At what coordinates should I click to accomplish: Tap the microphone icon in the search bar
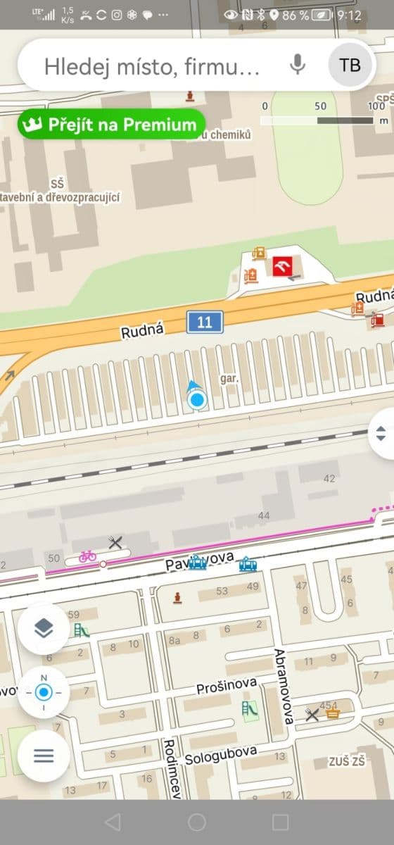coord(298,65)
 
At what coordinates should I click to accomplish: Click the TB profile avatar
coord(350,65)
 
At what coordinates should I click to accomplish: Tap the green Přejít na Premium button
coord(111,125)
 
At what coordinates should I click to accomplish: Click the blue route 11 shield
coord(205,323)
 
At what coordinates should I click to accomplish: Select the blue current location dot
coord(197,401)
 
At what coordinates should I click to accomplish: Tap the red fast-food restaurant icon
coord(282,267)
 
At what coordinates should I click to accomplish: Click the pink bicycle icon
coord(87,556)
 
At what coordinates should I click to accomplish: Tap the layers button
coord(44,629)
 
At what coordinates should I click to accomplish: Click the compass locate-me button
coord(44,692)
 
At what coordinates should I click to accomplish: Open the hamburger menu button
coord(44,756)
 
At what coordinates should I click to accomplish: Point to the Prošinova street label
coord(227,685)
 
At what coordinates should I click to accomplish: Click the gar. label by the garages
coord(230,378)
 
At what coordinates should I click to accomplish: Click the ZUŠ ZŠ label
coord(348,761)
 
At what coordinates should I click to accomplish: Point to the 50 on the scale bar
coord(320,106)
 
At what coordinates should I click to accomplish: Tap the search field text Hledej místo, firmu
coord(152,66)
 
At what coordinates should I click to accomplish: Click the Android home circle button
coord(197,822)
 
